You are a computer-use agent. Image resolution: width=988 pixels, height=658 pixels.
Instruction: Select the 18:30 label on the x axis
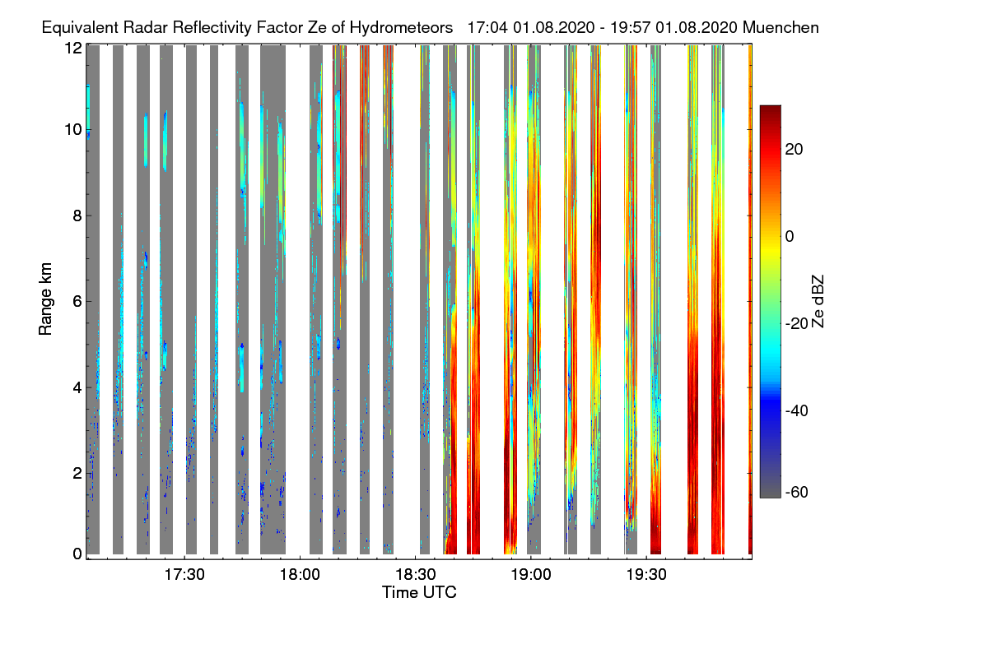(415, 573)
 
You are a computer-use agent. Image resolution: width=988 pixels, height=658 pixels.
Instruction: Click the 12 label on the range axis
(73, 48)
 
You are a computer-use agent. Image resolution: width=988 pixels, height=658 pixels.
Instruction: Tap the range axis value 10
(73, 130)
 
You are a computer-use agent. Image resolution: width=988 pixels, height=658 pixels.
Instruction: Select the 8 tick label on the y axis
(77, 215)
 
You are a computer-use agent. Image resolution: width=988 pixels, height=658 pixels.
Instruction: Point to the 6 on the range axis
(77, 301)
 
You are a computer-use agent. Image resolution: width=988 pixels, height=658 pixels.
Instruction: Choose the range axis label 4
(77, 387)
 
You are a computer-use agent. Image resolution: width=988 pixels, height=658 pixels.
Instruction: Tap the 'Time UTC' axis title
(419, 592)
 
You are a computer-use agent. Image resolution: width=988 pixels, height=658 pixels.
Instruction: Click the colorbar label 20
(795, 149)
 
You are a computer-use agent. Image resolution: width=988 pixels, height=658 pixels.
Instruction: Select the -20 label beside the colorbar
(798, 323)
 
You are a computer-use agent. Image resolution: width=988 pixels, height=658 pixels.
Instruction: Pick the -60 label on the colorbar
(798, 493)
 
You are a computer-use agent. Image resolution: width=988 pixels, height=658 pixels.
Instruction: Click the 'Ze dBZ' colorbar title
(818, 300)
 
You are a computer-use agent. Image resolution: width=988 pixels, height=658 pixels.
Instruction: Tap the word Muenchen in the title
(781, 27)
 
